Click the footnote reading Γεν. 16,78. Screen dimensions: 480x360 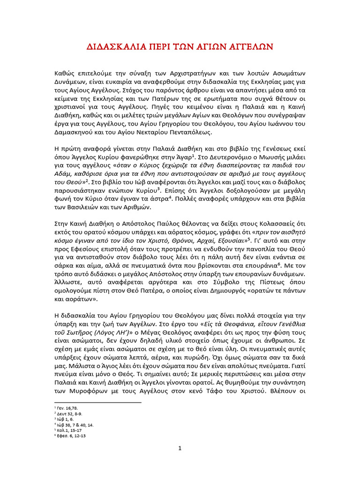[67, 408]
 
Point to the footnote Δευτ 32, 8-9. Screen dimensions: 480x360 [69, 413]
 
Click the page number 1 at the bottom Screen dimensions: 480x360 [180, 448]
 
